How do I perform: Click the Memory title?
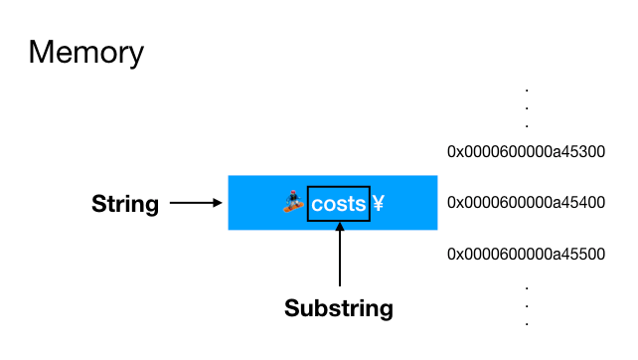pos(86,52)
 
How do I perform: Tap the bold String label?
pos(125,205)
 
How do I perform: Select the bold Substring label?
pos(339,308)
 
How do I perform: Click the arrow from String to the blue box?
pos(195,204)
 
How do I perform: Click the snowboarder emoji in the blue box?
pos(291,203)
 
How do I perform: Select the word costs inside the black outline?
pos(339,204)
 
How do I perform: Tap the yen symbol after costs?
pos(379,204)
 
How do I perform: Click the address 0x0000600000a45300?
pos(527,152)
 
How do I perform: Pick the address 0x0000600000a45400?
pos(527,203)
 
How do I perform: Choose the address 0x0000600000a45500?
pos(527,254)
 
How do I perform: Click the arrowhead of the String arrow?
pos(217,204)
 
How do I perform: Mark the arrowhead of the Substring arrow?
pos(340,226)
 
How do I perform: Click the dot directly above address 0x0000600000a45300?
pos(527,125)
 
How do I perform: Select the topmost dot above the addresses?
pos(527,90)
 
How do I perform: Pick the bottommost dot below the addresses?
pos(527,324)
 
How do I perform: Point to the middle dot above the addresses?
pos(527,108)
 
